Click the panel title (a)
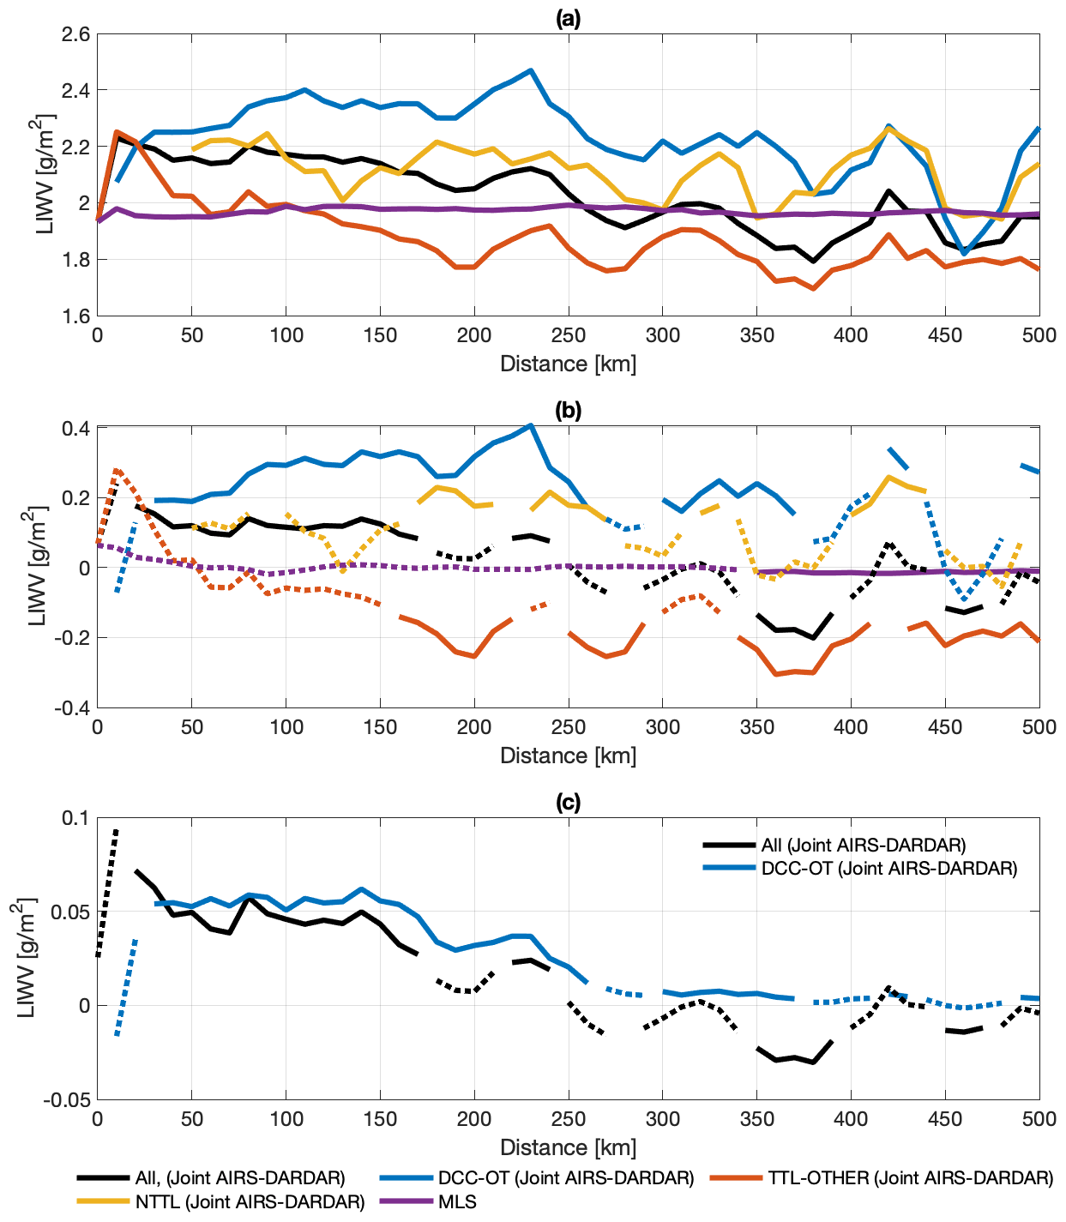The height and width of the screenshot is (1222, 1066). (x=568, y=18)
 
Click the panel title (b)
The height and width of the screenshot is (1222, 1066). (x=568, y=410)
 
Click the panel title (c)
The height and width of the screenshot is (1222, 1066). (x=568, y=802)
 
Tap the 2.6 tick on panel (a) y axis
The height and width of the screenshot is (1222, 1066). (x=75, y=35)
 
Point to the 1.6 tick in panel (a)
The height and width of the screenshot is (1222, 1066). (x=75, y=316)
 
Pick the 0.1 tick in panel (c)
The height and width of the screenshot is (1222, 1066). (x=75, y=818)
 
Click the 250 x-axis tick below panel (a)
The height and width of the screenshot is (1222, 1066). (x=569, y=335)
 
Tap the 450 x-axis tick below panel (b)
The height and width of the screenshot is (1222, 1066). (x=945, y=727)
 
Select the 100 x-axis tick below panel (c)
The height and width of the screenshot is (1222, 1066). (x=286, y=1119)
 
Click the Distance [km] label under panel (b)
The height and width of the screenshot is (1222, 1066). (x=568, y=755)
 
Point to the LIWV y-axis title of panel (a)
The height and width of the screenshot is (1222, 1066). (x=44, y=175)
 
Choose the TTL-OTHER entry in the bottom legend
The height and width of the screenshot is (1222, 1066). (x=910, y=1178)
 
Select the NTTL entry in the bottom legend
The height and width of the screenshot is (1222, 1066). (x=250, y=1202)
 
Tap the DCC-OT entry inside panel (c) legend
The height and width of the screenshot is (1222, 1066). (x=888, y=868)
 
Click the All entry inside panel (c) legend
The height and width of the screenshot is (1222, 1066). (x=863, y=845)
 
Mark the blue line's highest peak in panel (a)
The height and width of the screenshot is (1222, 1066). (x=531, y=70)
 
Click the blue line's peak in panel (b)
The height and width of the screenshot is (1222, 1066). (x=531, y=425)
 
